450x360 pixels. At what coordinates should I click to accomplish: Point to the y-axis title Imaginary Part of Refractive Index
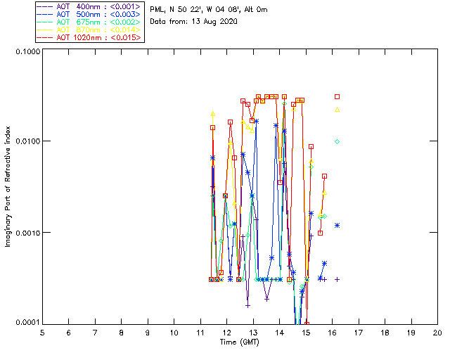pyautogui.click(x=8, y=186)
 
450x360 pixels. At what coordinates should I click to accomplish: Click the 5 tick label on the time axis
pyautogui.click(x=42, y=332)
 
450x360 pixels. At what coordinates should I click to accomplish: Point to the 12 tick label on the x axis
pyautogui.click(x=226, y=332)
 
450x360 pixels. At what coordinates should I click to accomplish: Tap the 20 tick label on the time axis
pyautogui.click(x=437, y=332)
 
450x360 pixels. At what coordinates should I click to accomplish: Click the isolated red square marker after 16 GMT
pyautogui.click(x=337, y=96)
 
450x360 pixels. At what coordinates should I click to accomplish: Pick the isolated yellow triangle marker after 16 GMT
pyautogui.click(x=337, y=110)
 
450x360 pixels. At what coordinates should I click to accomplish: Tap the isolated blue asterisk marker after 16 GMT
pyautogui.click(x=337, y=226)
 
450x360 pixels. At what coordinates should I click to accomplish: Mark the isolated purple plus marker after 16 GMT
pyautogui.click(x=337, y=279)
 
